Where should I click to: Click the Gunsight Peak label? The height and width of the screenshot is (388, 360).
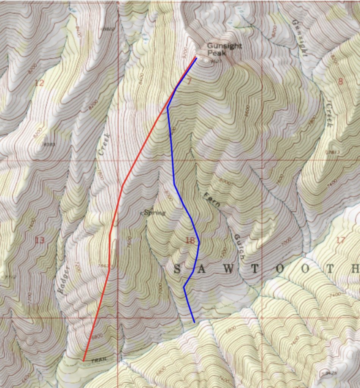(x=219, y=49)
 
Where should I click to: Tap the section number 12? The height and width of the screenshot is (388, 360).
(x=39, y=83)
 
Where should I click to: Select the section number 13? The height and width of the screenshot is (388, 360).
(x=39, y=240)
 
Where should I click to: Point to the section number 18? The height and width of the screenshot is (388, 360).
(x=190, y=240)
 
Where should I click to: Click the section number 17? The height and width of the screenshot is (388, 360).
(x=340, y=240)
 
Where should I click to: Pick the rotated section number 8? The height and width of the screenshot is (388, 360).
(x=340, y=81)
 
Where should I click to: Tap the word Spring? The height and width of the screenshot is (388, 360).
(x=155, y=213)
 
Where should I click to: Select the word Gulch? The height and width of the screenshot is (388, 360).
(x=238, y=246)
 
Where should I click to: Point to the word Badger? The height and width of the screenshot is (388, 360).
(x=64, y=280)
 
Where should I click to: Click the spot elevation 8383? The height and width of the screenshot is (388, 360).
(x=49, y=144)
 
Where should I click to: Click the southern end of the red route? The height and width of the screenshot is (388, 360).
(x=83, y=360)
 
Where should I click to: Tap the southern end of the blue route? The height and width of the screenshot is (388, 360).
(x=194, y=322)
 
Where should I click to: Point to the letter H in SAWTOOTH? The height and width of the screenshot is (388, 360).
(x=354, y=269)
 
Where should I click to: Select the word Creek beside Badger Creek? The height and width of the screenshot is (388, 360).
(x=103, y=144)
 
